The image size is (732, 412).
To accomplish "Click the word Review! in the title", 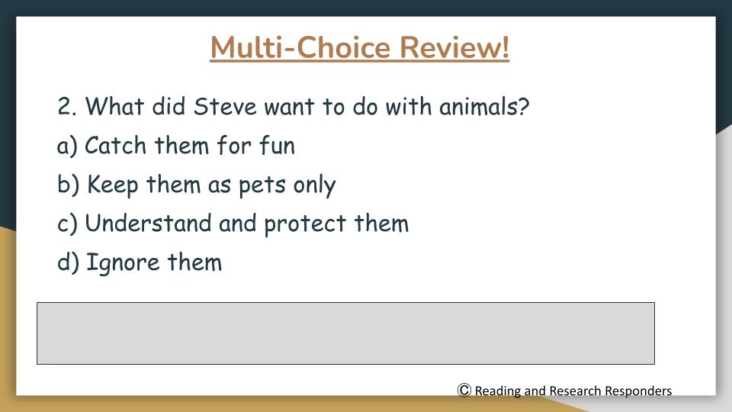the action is (454, 47).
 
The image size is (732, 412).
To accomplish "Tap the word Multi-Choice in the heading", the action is (300, 47).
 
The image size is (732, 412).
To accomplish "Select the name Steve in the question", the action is (225, 107).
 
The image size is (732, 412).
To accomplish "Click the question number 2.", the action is (67, 107).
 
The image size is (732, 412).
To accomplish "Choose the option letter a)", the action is (67, 146).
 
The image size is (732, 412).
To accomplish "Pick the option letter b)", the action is (68, 184).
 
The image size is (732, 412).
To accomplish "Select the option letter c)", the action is (67, 224).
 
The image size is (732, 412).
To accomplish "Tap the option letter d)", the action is (68, 262).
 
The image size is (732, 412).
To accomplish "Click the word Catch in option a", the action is (115, 145).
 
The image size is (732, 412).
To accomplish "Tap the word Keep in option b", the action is (113, 185).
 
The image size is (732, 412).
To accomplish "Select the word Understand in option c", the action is (148, 223).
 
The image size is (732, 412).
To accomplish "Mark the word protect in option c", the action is (305, 224).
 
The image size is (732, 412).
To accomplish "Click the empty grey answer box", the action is (345, 333).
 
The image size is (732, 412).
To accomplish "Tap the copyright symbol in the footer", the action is (464, 390).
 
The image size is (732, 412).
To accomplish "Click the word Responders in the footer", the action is (638, 391).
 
